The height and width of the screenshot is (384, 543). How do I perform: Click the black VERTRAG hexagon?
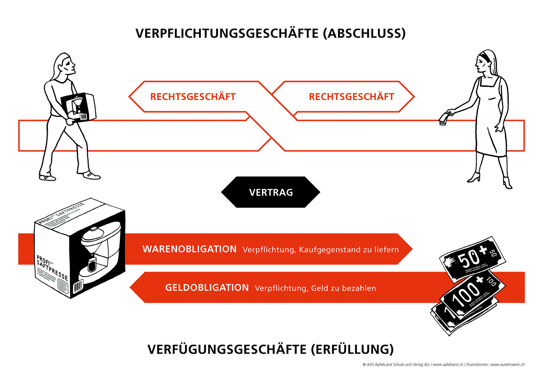pyautogui.click(x=270, y=192)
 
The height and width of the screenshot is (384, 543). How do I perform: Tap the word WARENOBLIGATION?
pyautogui.click(x=189, y=249)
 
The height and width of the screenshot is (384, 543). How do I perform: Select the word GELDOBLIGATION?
pyautogui.click(x=207, y=288)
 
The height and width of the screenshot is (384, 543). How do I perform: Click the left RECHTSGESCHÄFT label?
pyautogui.click(x=193, y=97)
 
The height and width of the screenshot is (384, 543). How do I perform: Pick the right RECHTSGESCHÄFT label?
pyautogui.click(x=351, y=97)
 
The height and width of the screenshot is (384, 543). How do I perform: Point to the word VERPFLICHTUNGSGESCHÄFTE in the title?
pyautogui.click(x=227, y=34)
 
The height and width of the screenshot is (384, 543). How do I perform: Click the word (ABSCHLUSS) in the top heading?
pyautogui.click(x=364, y=34)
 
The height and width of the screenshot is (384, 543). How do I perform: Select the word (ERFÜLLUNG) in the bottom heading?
pyautogui.click(x=352, y=349)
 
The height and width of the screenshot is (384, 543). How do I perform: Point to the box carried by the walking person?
pyautogui.click(x=79, y=107)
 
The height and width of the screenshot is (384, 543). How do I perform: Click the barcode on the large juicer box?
pyautogui.click(x=78, y=286)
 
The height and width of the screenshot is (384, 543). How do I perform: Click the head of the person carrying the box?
pyautogui.click(x=65, y=65)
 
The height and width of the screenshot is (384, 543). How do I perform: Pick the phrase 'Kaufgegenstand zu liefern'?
pyautogui.click(x=349, y=250)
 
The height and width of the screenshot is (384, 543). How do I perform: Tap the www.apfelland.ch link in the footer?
pyautogui.click(x=448, y=365)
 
